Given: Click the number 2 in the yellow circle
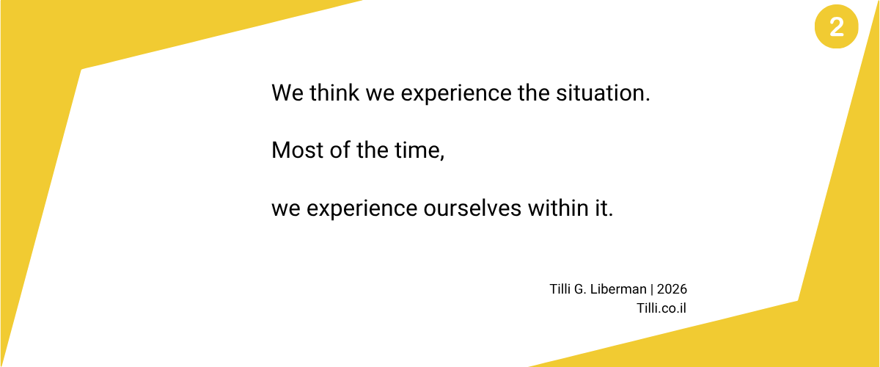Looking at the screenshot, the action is (837, 26).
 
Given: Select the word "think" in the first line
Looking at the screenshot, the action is (334, 92).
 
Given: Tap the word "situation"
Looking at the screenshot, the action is (601, 92).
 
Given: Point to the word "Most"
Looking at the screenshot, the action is (298, 150).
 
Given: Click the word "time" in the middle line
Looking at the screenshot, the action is (417, 150).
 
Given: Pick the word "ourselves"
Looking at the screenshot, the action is (472, 208).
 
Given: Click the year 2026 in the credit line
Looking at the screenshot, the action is (672, 289).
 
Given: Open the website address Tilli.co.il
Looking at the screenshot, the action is (661, 308).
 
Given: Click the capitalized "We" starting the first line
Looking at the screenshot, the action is (287, 92).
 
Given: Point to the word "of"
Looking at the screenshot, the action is (340, 150).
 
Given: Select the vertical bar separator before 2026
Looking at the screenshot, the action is (652, 289).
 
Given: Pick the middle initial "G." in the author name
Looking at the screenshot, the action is (580, 289).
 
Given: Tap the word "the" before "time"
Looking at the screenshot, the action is (373, 150).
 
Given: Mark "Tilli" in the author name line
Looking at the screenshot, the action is (560, 289).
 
